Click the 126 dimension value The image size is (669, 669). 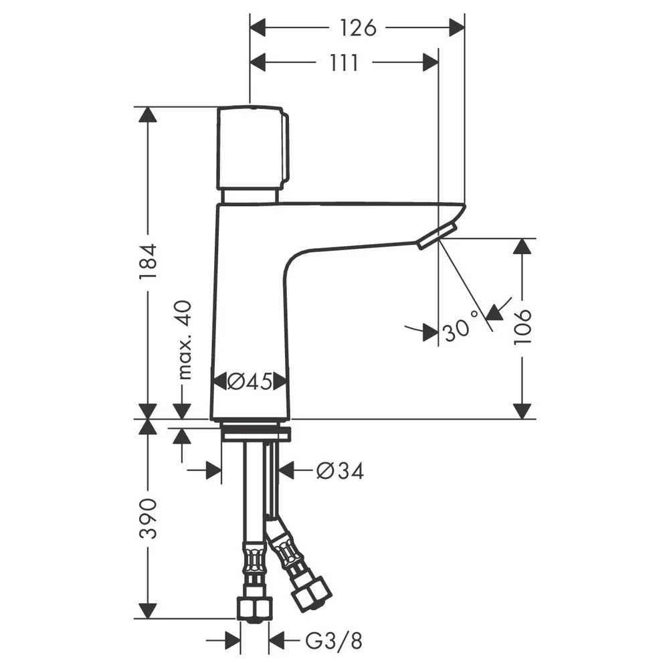[x=357, y=28]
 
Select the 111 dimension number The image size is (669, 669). [x=344, y=63]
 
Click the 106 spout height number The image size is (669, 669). [x=522, y=327]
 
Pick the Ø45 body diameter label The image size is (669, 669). [x=250, y=381]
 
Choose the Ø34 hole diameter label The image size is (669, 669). [x=340, y=472]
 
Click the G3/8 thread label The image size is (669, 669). [x=334, y=641]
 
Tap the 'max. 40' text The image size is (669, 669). [x=184, y=340]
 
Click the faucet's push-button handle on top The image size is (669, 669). [x=253, y=147]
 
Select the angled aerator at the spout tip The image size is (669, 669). [x=438, y=235]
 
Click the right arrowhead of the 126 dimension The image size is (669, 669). [x=456, y=28]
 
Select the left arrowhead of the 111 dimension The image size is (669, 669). [x=258, y=63]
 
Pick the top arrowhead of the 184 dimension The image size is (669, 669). [x=149, y=114]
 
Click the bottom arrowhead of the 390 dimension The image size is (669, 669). [x=149, y=611]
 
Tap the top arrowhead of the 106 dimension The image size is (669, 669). [x=522, y=247]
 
